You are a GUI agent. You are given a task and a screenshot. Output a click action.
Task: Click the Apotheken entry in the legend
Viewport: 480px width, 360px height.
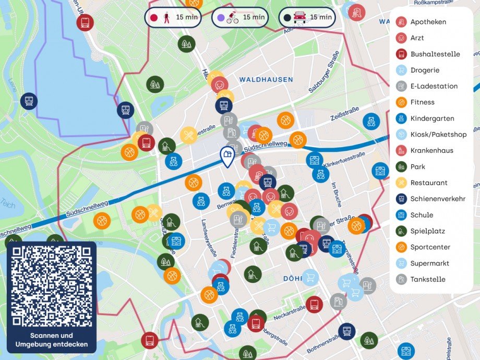[428, 22]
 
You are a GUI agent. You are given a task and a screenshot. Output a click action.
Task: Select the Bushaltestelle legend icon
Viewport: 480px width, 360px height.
[401, 54]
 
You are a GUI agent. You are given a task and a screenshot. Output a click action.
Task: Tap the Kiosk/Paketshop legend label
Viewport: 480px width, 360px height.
[438, 135]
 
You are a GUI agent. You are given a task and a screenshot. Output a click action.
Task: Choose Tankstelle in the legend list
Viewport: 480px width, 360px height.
[428, 279]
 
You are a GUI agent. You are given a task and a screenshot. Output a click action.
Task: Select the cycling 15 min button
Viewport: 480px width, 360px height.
[239, 17]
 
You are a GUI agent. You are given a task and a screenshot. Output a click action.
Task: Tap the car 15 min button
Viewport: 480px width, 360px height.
[307, 17]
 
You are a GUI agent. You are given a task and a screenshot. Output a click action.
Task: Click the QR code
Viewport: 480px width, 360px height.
[51, 285]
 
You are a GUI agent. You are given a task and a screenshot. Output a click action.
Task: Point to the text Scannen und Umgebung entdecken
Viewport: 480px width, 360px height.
[51, 340]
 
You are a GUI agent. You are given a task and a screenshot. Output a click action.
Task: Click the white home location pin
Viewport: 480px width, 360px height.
[226, 156]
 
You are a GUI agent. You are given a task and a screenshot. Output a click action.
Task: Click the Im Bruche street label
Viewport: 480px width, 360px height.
[337, 195]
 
